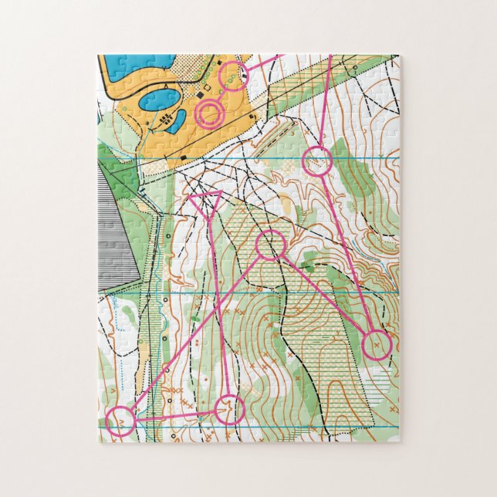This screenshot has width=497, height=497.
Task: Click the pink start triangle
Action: (207, 203)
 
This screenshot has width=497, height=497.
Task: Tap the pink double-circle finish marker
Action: (209, 113)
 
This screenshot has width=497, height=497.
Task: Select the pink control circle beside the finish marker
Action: (232, 76)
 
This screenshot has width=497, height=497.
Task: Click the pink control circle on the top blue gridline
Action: (316, 161)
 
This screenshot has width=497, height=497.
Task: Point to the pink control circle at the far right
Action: (377, 344)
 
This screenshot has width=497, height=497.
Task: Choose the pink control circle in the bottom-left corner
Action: (120, 422)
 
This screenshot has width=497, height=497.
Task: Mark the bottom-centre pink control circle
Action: (229, 410)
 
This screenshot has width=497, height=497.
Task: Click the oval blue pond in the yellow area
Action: (159, 100)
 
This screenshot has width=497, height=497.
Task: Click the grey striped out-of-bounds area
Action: (116, 224)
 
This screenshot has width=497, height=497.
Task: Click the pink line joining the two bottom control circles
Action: (174, 416)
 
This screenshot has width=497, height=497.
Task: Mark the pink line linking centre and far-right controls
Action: (324, 295)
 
